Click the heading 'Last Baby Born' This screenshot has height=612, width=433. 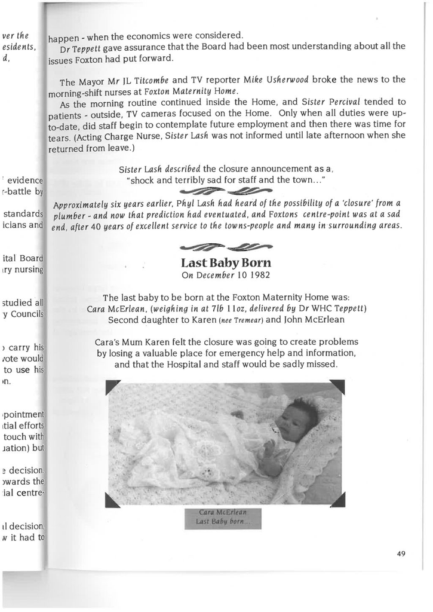tap(226, 263)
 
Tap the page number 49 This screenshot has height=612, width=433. tap(401, 554)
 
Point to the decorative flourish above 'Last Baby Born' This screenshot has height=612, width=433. tap(226, 247)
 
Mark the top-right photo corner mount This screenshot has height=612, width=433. tap(337, 387)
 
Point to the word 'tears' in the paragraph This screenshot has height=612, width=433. tap(60, 135)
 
